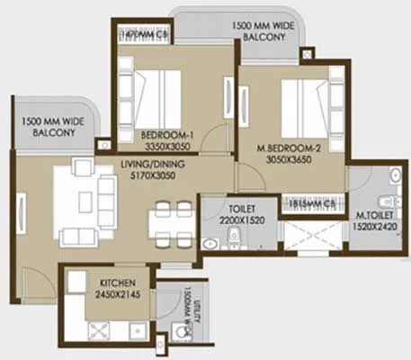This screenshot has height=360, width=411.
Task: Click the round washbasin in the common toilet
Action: pyautogui.click(x=210, y=242)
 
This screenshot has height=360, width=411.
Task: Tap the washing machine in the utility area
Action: pyautogui.click(x=183, y=331)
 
